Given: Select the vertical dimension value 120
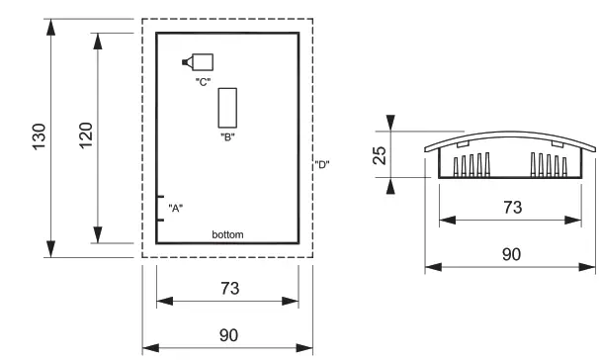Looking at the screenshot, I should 85,136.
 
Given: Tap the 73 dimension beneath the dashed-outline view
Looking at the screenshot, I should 227,288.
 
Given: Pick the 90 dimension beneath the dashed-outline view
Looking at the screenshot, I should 227,335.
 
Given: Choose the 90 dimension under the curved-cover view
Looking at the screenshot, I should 511,254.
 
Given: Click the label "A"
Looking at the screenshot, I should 176,208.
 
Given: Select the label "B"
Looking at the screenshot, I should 226,137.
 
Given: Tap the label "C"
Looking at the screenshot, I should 203,81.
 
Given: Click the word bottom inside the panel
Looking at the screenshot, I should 227,234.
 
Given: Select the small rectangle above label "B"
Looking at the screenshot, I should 227,108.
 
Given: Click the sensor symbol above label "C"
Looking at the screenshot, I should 201,61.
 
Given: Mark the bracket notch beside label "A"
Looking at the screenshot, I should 160,208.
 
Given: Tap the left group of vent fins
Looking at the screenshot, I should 471,165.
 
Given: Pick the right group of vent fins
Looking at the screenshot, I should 550,165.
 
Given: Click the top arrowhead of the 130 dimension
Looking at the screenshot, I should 50,25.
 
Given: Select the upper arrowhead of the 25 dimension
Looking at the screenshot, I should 391,123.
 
